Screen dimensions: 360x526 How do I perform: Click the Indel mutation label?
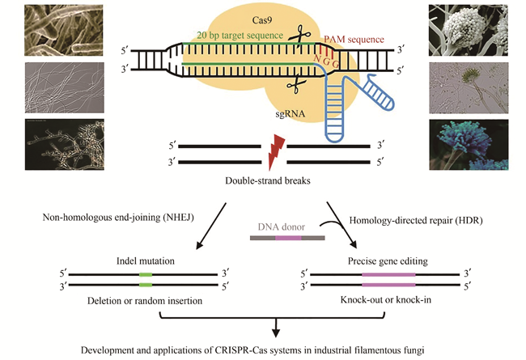[145, 260]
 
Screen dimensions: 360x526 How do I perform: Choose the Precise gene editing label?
[388, 260]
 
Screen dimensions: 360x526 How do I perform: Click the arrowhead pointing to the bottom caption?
[277, 332]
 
